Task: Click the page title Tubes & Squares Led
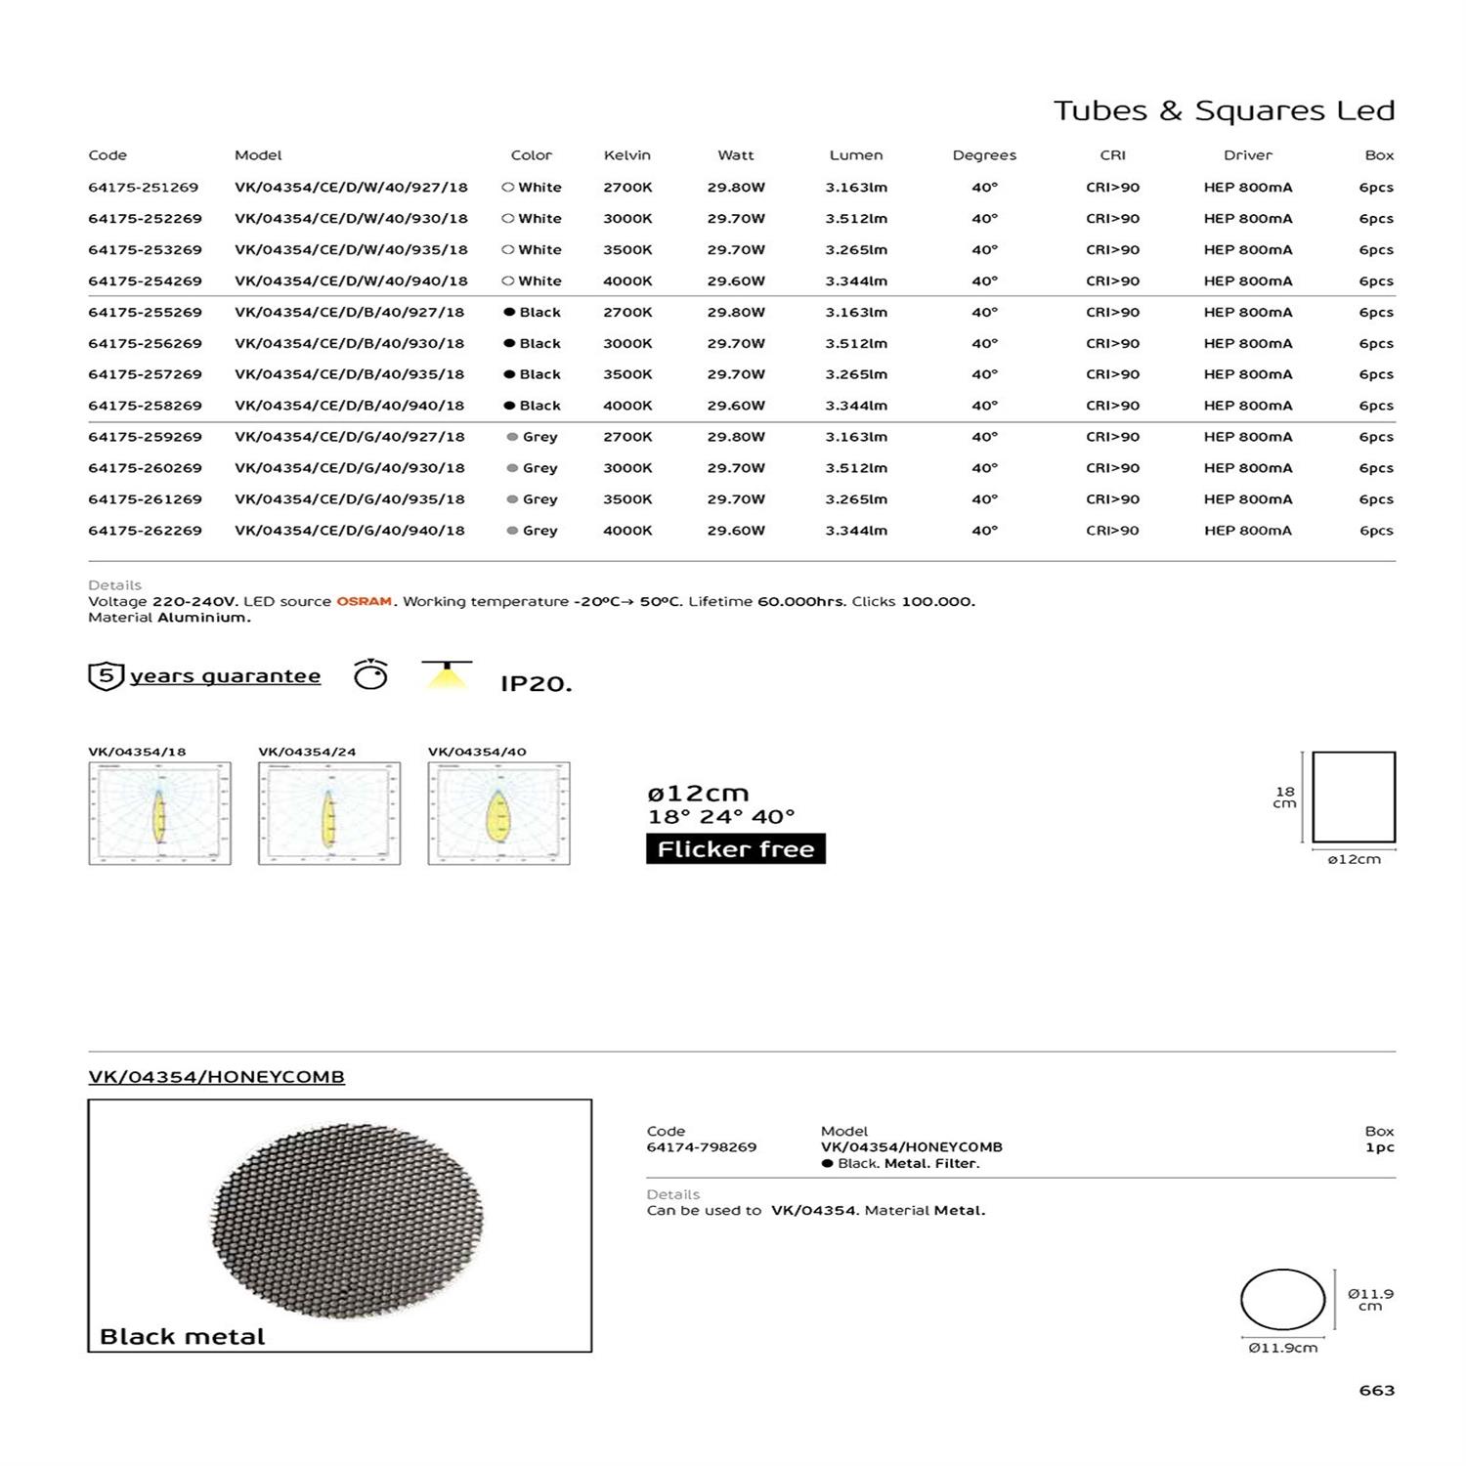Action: pyautogui.click(x=1224, y=110)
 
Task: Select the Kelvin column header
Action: pyautogui.click(x=626, y=155)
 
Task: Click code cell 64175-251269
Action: pyautogui.click(x=144, y=188)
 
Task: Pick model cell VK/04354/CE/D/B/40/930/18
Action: pyautogui.click(x=349, y=344)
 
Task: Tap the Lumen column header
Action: pyautogui.click(x=855, y=155)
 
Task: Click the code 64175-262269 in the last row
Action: pyautogui.click(x=145, y=531)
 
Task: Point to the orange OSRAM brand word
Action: pyautogui.click(x=365, y=602)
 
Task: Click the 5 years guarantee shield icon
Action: pyautogui.click(x=106, y=676)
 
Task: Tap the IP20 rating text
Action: pyautogui.click(x=536, y=684)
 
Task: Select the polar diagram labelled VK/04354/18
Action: pyautogui.click(x=159, y=814)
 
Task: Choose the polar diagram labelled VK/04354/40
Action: pyautogui.click(x=498, y=814)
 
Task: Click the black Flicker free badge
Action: pyautogui.click(x=735, y=849)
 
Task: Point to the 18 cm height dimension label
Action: pyautogui.click(x=1284, y=798)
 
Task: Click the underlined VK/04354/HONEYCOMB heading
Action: pyautogui.click(x=216, y=1077)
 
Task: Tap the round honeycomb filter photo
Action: pyautogui.click(x=347, y=1221)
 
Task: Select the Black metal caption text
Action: pyautogui.click(x=182, y=1337)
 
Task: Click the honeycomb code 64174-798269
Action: pyautogui.click(x=701, y=1147)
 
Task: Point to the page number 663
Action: pyautogui.click(x=1376, y=1391)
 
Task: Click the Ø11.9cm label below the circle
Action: pyautogui.click(x=1282, y=1349)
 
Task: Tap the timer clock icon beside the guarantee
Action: pyautogui.click(x=370, y=674)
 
